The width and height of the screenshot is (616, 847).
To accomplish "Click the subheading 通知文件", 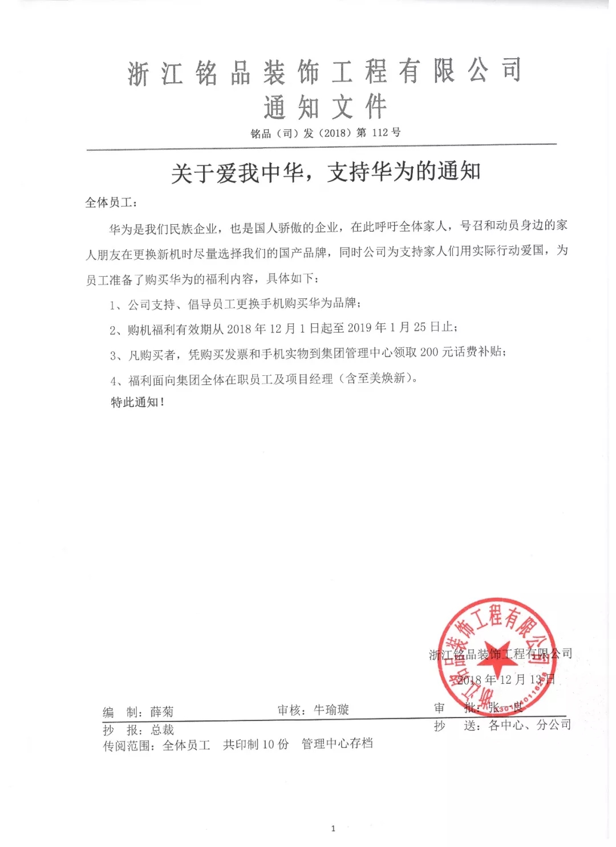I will (325, 107).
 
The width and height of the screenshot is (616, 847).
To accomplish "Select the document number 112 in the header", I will (379, 133).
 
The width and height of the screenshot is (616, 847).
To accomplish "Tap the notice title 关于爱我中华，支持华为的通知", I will (326, 172).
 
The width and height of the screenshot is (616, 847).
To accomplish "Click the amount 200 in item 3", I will (429, 352).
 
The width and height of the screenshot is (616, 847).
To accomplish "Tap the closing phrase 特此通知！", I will (137, 402).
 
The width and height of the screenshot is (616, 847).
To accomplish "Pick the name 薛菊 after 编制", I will (161, 712).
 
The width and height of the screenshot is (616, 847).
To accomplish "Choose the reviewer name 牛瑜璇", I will (331, 710).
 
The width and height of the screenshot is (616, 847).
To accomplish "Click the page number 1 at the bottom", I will (333, 829).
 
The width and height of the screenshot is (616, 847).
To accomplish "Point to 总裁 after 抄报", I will (162, 730).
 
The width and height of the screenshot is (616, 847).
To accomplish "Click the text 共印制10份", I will (256, 744).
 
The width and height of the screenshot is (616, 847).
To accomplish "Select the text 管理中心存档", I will (337, 743).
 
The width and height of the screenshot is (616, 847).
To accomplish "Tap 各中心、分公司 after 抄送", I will (529, 725).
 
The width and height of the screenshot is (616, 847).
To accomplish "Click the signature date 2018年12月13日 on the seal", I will (505, 680).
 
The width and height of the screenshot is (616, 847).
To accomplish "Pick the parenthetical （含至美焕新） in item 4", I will (379, 378).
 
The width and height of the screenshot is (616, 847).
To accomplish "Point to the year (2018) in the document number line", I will (334, 133).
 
